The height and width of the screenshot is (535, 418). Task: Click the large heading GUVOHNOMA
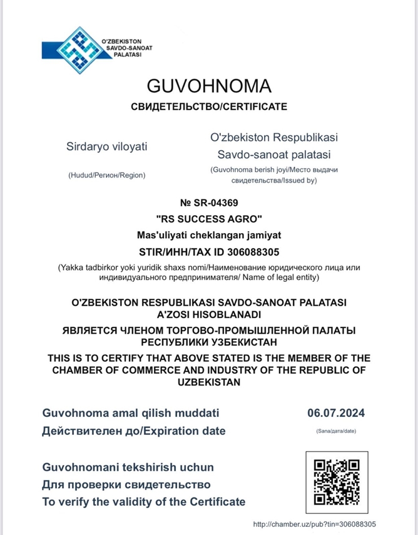209,86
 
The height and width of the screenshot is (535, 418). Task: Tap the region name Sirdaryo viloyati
107,147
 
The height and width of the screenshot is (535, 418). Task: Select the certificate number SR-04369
209,202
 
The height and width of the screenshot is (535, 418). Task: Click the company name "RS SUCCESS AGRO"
209,219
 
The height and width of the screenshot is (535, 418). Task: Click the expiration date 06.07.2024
336,413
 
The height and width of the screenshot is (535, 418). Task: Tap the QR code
337,482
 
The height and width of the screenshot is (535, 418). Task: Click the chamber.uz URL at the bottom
315,524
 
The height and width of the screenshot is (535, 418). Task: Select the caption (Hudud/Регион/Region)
107,175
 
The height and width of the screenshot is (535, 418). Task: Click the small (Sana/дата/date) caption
336,431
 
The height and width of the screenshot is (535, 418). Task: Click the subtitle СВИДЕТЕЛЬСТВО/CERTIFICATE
209,107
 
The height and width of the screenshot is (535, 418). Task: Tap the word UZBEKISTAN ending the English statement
209,382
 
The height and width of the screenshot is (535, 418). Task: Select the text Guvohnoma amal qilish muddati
131,413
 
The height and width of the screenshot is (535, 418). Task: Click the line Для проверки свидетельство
126,484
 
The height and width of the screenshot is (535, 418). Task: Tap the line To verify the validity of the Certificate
144,502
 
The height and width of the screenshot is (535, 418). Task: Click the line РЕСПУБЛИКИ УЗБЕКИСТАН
209,342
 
